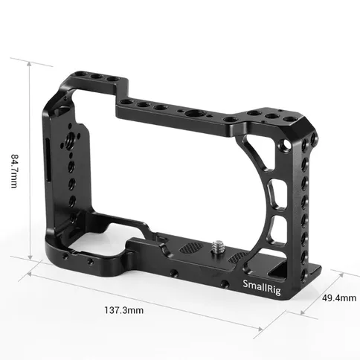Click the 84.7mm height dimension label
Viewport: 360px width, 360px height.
point(14,171)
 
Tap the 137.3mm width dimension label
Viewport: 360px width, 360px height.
point(123,310)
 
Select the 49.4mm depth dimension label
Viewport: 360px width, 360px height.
point(339,298)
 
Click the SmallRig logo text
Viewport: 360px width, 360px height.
point(262,287)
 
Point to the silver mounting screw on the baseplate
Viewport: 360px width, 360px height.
point(218,247)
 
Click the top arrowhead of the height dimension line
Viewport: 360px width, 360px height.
point(30,65)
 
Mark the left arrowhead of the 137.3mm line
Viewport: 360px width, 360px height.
point(30,274)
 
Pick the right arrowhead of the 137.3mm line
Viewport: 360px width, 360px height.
point(260,330)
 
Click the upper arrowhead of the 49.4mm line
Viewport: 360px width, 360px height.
point(341,274)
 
